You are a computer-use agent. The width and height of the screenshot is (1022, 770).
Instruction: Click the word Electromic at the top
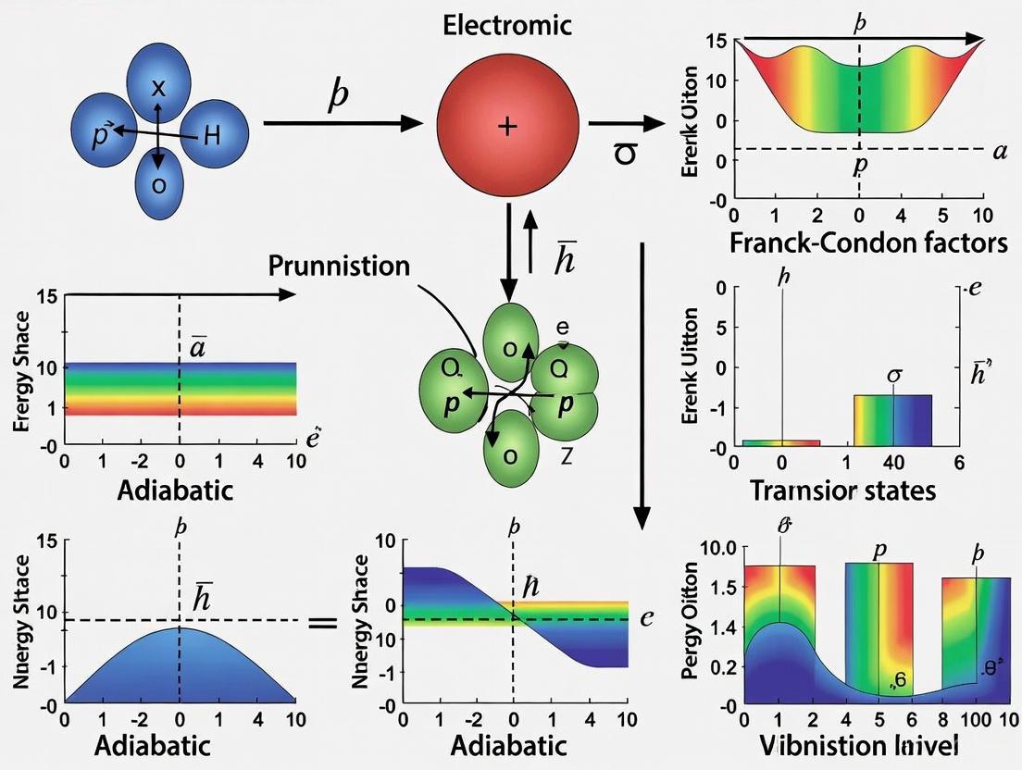click(507, 25)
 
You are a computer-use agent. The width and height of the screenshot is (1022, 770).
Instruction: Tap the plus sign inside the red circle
click(506, 126)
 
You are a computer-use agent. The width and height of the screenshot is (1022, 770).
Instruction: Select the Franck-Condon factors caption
click(867, 244)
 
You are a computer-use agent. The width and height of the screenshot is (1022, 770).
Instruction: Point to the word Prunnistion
click(339, 266)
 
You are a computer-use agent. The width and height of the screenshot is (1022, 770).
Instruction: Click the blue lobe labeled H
click(213, 137)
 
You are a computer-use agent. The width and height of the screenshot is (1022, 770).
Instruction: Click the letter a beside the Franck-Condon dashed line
click(998, 152)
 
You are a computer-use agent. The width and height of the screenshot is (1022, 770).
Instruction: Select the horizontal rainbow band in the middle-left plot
click(181, 389)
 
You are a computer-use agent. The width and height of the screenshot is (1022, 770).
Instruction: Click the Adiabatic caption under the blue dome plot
click(175, 745)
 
